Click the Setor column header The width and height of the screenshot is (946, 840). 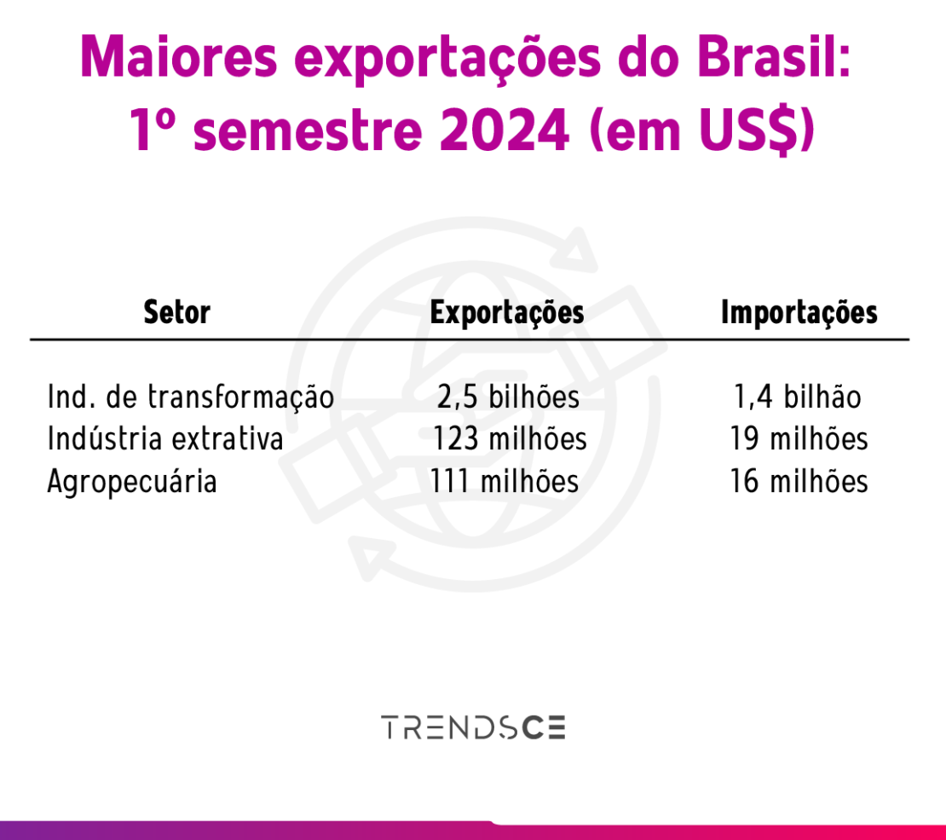176,312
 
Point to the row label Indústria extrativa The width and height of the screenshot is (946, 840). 165,438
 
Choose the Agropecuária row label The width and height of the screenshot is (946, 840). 132,482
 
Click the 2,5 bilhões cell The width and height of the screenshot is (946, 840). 508,397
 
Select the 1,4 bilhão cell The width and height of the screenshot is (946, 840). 798,397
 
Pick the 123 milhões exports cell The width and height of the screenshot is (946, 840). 510,439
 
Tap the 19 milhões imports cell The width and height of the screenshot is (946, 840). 799,439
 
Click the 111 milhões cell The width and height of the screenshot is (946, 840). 505,482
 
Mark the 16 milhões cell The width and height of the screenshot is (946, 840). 799,482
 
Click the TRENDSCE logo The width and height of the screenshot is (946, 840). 473,727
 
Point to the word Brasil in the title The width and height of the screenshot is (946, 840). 774,57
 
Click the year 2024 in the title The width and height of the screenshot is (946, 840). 505,130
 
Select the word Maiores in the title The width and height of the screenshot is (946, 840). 179,57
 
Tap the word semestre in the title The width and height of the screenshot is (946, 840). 308,131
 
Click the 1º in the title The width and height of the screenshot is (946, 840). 153,130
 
